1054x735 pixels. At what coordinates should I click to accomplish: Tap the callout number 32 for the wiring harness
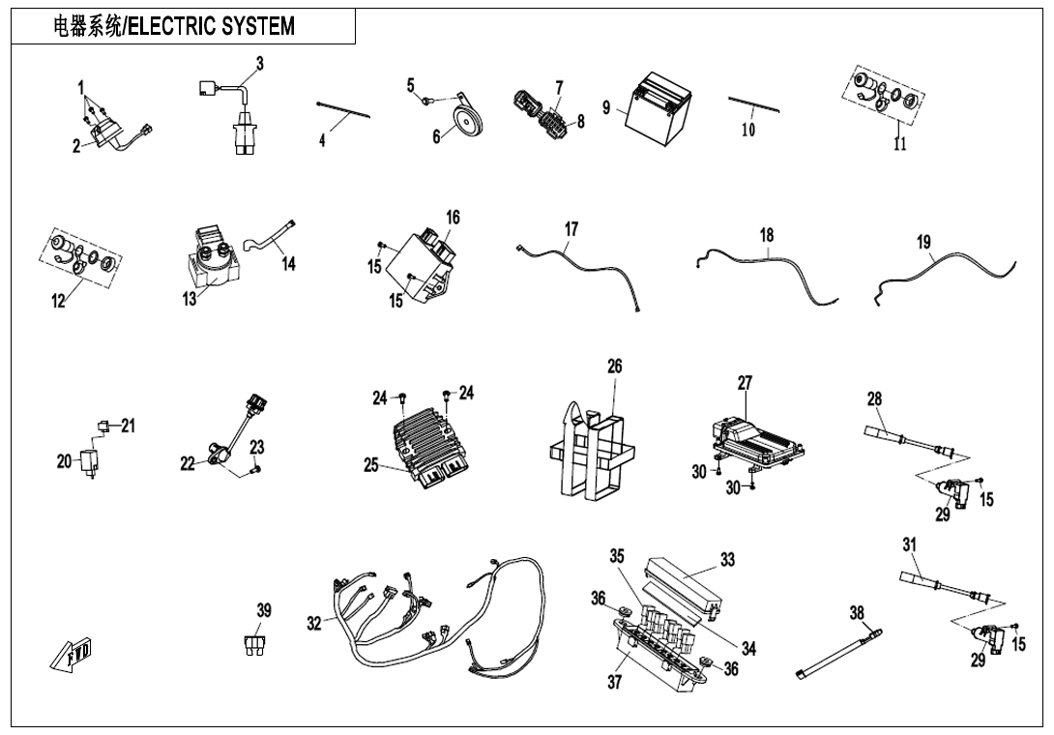[x=314, y=625]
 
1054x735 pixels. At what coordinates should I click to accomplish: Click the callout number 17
[x=571, y=229]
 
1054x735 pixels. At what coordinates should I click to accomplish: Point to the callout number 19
[x=924, y=243]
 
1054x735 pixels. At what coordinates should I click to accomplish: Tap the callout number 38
[x=857, y=613]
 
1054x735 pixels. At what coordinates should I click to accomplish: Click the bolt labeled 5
[x=426, y=99]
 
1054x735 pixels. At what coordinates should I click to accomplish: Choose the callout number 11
[x=899, y=145]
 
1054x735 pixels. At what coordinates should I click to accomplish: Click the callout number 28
[x=874, y=398]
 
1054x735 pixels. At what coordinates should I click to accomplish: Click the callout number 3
[x=259, y=64]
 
